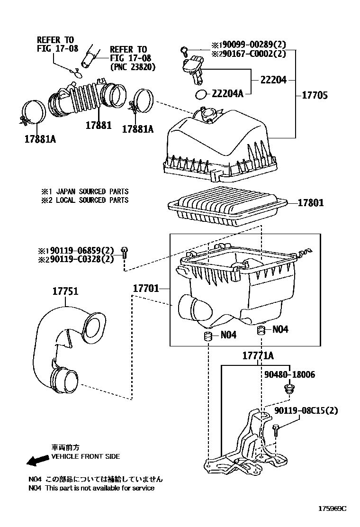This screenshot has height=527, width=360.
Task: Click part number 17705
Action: [315, 95]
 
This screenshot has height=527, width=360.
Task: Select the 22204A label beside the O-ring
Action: [227, 94]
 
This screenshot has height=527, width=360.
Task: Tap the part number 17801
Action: [311, 203]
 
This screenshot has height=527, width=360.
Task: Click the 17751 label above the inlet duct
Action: [65, 292]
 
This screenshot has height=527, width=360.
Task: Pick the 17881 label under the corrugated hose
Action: [99, 126]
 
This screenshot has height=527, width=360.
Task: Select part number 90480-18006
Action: [289, 374]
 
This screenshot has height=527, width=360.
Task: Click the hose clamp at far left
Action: [35, 112]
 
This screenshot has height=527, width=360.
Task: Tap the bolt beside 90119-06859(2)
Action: [124, 252]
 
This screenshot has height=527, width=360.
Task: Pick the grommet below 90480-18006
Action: [287, 390]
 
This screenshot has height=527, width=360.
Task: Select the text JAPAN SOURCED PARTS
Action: [92, 191]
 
